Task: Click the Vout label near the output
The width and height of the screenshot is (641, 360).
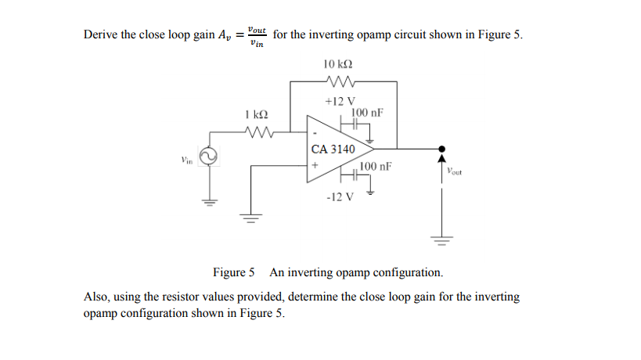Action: click(x=455, y=171)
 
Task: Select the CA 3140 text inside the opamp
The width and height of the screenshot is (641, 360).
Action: click(x=333, y=149)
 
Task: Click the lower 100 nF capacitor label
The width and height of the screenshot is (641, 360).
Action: click(x=376, y=167)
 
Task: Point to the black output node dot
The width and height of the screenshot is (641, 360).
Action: click(x=442, y=149)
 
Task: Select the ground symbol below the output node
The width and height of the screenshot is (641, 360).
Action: click(x=442, y=240)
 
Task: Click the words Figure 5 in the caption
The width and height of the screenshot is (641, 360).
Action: click(x=234, y=273)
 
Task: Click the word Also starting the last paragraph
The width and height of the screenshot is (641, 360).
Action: click(x=97, y=297)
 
